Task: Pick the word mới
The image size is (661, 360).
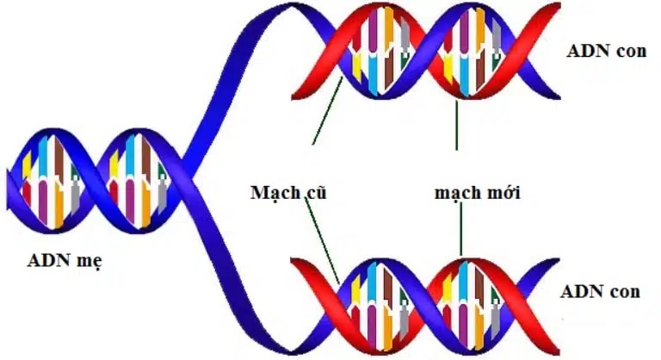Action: (503, 192)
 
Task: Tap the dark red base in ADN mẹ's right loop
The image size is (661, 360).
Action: (146, 159)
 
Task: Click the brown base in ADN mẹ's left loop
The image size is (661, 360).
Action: (59, 159)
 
